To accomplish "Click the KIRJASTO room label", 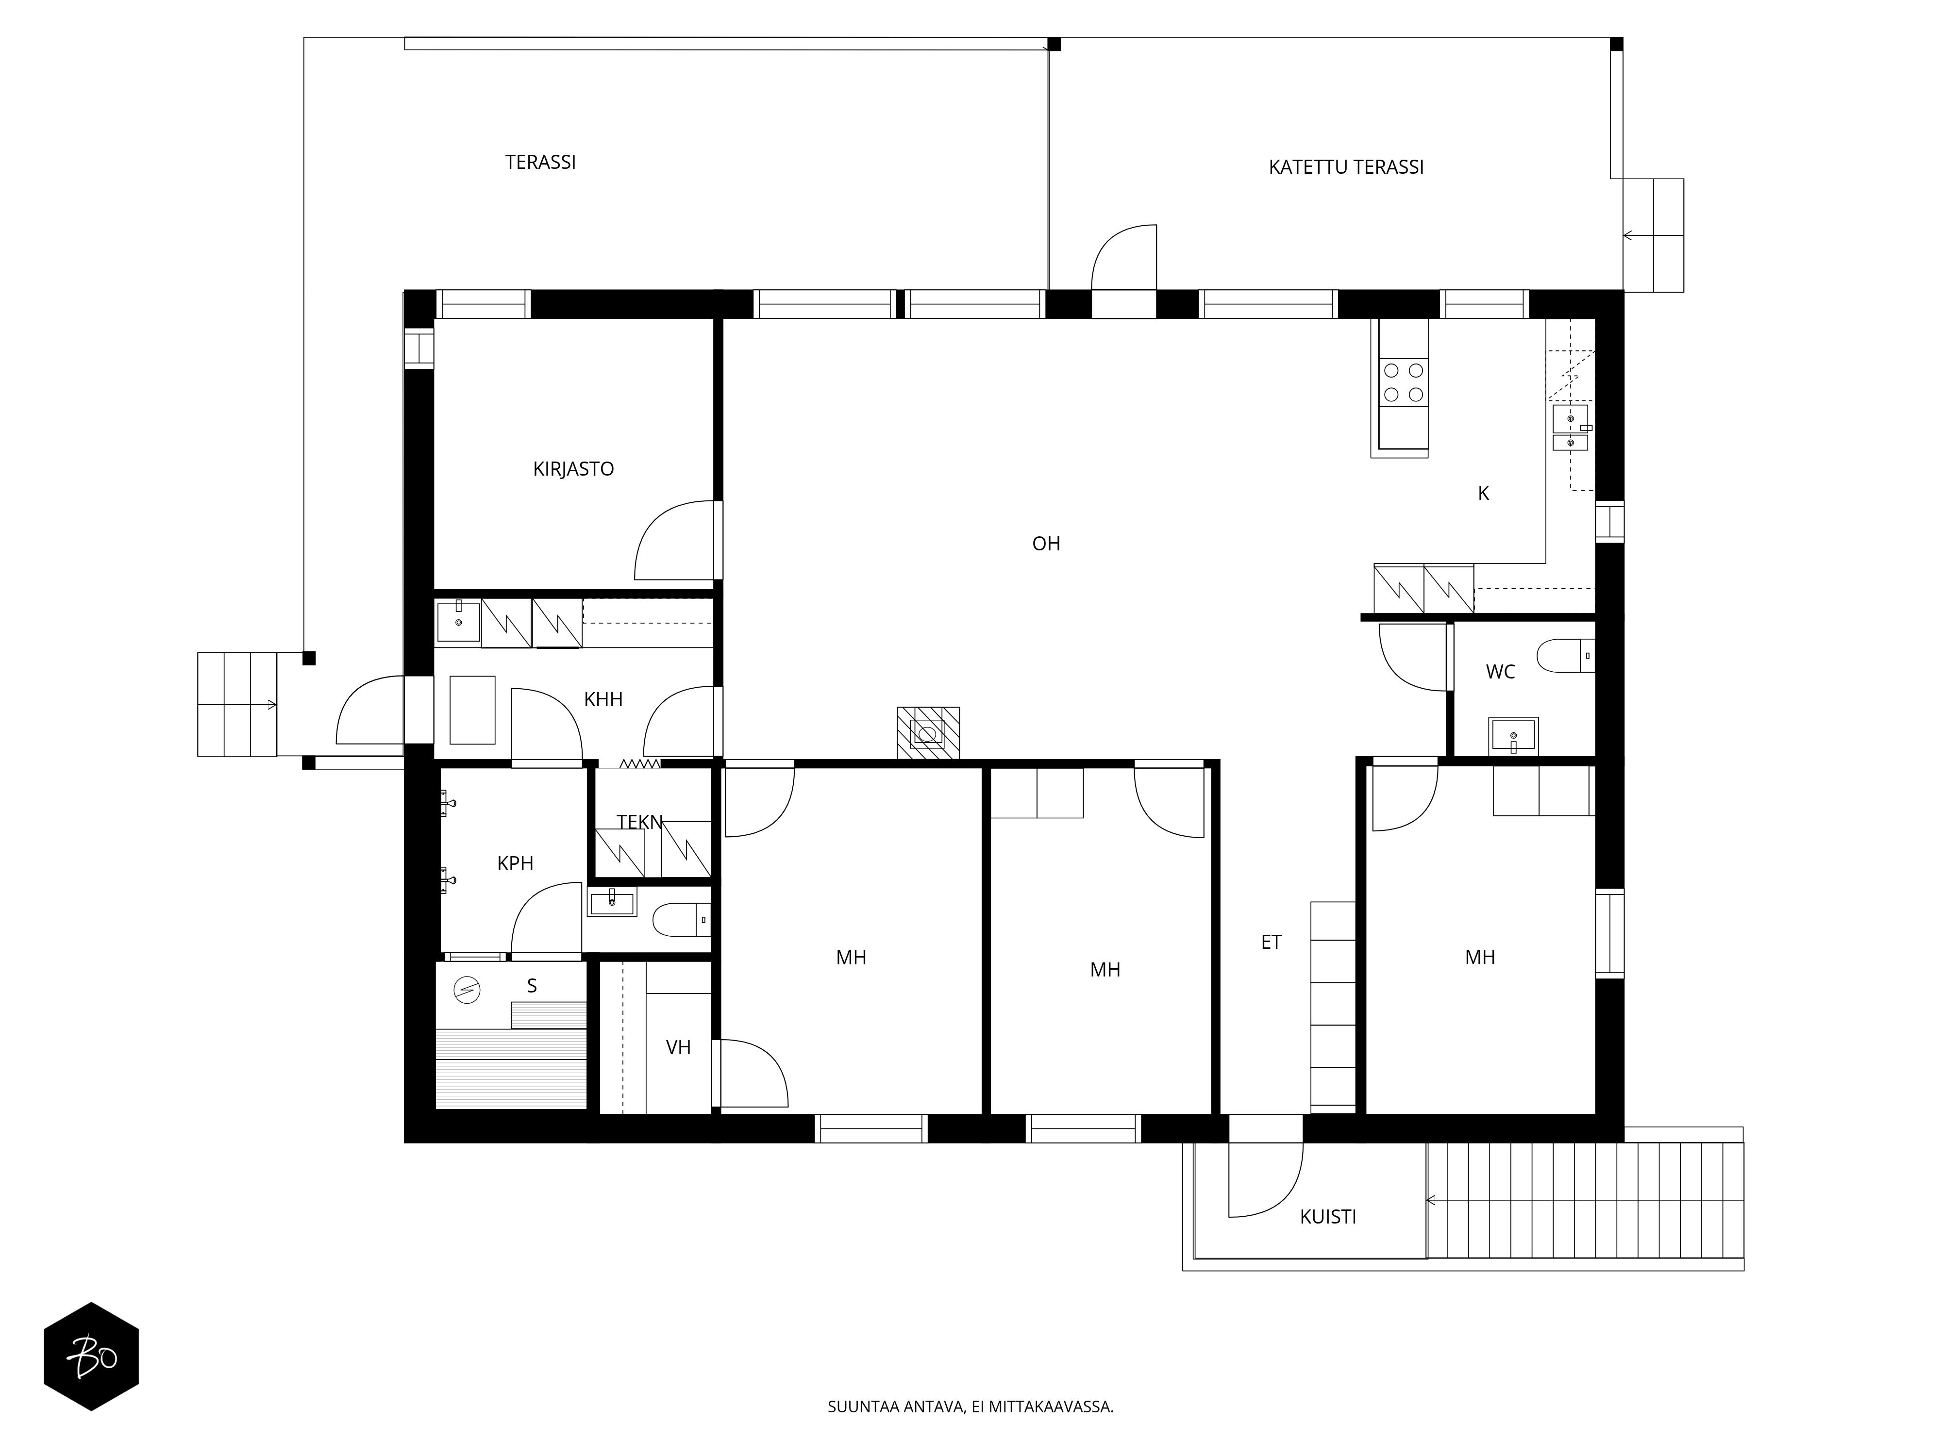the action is pos(573,469).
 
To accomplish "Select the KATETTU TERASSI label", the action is pos(1346,167).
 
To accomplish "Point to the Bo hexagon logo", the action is pos(91,1356).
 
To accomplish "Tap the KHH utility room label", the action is pos(603,699).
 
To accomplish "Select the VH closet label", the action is pos(679,1047).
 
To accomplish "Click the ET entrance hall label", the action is pos(1271,943).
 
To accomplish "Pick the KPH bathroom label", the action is pos(515,863).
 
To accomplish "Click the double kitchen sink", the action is pos(1570,428).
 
